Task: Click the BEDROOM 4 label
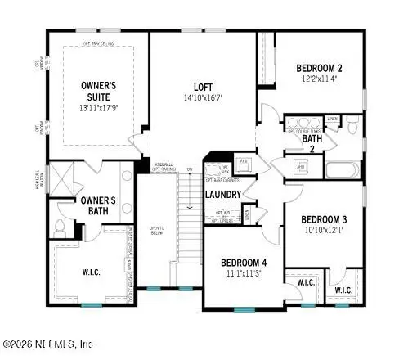point(244,263)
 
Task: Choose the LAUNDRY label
point(222,195)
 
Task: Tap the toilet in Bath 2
point(352,127)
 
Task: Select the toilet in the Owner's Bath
point(60,226)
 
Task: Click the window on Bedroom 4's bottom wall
point(244,309)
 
